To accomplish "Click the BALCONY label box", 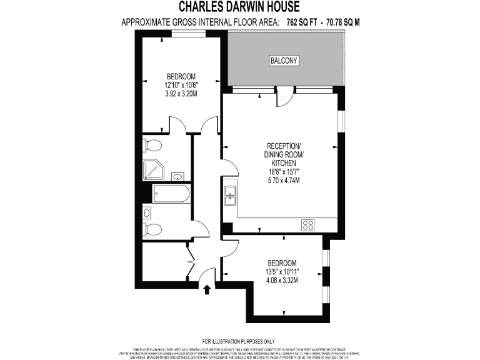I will pyautogui.click(x=284, y=61).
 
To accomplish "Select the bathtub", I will pyautogui.click(x=171, y=193).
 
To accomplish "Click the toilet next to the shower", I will pyautogui.click(x=152, y=146).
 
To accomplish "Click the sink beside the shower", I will pyautogui.click(x=177, y=176).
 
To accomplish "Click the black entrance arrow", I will pyautogui.click(x=207, y=289).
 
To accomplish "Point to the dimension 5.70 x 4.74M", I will pyautogui.click(x=281, y=180).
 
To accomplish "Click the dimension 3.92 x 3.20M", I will pyautogui.click(x=181, y=94).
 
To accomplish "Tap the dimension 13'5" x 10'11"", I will pyautogui.click(x=282, y=271).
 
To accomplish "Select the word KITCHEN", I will pyautogui.click(x=281, y=162).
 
